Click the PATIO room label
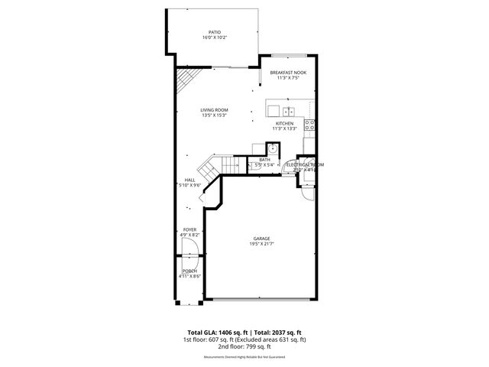pos(215,32)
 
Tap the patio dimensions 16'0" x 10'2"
pos(215,37)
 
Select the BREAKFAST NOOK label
pos(288,72)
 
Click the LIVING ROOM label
pos(215,110)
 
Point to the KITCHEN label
pos(285,123)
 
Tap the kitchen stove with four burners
pos(309,124)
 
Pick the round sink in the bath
pos(274,148)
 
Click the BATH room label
pos(264,159)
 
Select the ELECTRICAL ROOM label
pos(305,164)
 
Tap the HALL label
pos(189,180)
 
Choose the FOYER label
pos(189,229)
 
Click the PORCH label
pos(189,271)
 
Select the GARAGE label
pos(262,239)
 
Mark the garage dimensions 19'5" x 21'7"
pos(262,244)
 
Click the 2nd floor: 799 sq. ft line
pos(244,346)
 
